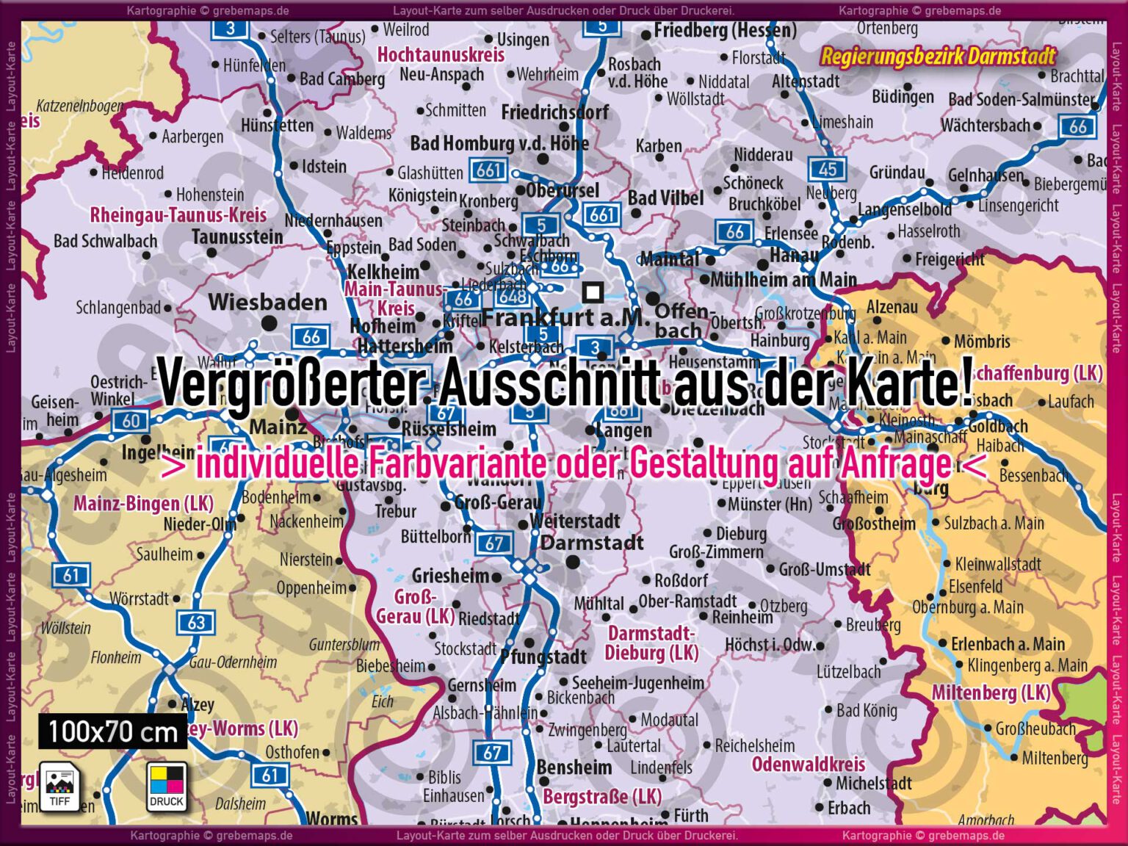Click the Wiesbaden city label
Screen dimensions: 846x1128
pos(267,302)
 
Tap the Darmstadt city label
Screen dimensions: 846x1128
pos(591,543)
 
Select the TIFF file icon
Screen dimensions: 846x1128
pos(59,786)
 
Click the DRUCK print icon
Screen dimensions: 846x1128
pos(167,786)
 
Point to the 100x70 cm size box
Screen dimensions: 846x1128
pos(112,731)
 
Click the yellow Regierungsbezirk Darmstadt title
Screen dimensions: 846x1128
pos(938,56)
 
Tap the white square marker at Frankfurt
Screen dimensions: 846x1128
pos(593,292)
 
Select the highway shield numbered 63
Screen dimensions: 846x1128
pos(196,623)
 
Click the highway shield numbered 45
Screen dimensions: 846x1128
pos(828,169)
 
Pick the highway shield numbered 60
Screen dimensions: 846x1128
pos(130,421)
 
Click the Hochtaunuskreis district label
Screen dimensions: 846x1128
pos(441,54)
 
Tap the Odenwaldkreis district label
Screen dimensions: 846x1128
pos(808,764)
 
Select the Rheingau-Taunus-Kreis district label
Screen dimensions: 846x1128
pos(178,215)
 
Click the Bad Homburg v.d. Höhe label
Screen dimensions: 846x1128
pos(499,143)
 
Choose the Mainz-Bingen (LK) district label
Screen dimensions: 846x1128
pos(143,504)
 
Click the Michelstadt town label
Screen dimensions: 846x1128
pos(873,784)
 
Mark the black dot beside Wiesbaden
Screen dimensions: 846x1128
pos(270,322)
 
